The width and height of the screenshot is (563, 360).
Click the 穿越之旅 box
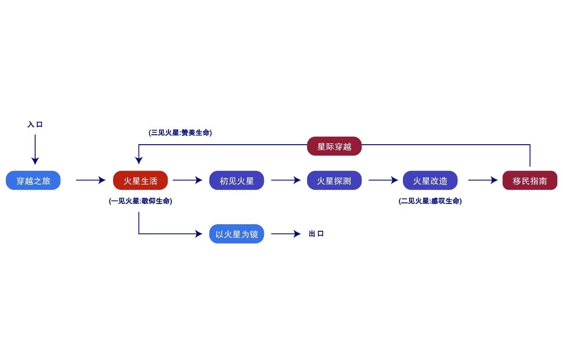(x=33, y=180)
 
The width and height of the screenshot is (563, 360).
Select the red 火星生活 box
(x=140, y=180)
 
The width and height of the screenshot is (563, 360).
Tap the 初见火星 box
(x=237, y=180)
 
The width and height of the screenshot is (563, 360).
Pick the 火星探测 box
(x=334, y=180)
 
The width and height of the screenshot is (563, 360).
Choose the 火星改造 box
(x=430, y=180)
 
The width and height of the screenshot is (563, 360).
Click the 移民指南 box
(x=530, y=180)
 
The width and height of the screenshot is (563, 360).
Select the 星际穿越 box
(x=334, y=146)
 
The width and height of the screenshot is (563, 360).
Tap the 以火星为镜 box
(x=237, y=234)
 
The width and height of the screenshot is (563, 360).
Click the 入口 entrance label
(x=35, y=125)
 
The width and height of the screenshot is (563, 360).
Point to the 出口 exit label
(x=316, y=234)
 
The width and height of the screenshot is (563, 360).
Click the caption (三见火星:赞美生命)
(x=180, y=132)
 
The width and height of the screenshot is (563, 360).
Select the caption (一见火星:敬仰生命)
(x=140, y=201)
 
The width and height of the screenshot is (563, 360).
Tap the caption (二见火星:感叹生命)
(x=430, y=201)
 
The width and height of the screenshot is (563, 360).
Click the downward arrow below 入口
(x=35, y=149)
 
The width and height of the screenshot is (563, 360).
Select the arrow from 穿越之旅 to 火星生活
(x=91, y=180)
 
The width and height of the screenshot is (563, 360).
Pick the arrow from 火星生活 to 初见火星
(x=187, y=180)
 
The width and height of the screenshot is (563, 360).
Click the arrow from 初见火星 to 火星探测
(x=286, y=180)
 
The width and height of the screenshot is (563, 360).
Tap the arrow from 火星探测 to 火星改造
(x=383, y=180)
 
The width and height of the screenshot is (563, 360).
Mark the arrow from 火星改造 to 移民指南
(x=483, y=180)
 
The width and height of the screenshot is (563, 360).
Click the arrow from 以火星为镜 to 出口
(x=286, y=234)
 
